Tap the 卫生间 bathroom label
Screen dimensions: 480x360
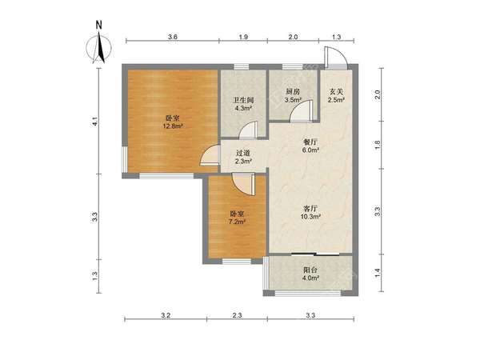tap(243, 100)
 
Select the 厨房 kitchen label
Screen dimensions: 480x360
tap(293, 91)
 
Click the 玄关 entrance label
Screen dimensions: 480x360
tap(336, 91)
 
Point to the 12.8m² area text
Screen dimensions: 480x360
tap(173, 126)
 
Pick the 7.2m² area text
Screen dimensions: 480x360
tap(238, 222)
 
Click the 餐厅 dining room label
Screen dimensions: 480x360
tap(310, 142)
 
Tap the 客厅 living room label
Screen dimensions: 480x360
tap(310, 209)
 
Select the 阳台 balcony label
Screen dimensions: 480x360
tap(310, 270)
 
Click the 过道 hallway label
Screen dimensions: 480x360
tap(243, 153)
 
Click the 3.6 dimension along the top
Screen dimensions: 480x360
tap(173, 37)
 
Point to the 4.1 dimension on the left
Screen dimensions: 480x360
tap(95, 122)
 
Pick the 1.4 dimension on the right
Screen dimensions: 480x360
tap(378, 273)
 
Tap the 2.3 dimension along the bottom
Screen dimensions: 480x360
tap(238, 315)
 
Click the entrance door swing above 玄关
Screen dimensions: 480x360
tap(336, 57)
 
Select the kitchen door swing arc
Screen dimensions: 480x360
tap(302, 110)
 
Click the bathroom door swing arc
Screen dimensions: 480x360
tap(247, 130)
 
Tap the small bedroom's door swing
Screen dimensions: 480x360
tap(243, 184)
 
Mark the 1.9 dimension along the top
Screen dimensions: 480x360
tap(243, 37)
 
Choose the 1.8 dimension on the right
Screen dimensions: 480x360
tap(378, 145)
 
